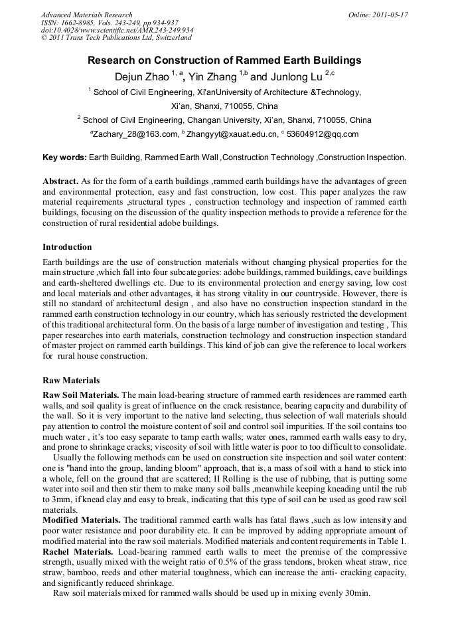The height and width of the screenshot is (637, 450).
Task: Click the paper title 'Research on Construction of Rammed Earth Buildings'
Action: pyautogui.click(x=224, y=60)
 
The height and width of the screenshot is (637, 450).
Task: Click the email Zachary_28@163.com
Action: pyautogui.click(x=135, y=134)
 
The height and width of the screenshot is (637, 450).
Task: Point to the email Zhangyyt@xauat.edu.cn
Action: pyautogui.click(x=232, y=134)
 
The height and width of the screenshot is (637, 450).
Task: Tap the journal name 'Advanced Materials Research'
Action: pyautogui.click(x=86, y=15)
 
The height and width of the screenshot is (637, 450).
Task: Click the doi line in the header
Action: pyautogui.click(x=117, y=30)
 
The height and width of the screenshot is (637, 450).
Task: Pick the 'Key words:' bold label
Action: pyautogui.click(x=64, y=158)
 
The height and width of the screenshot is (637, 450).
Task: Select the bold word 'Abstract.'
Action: pyautogui.click(x=60, y=181)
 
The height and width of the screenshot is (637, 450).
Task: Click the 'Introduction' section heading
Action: pyautogui.click(x=67, y=247)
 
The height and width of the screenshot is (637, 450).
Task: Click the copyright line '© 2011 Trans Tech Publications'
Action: pyautogui.click(x=115, y=38)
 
